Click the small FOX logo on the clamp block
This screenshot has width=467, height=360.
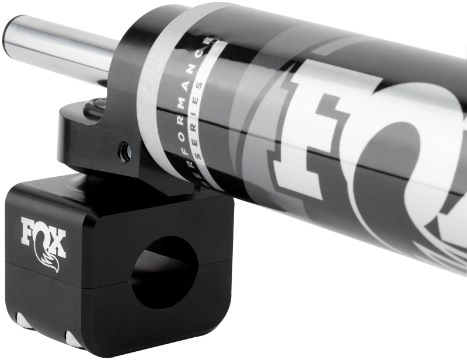pyautogui.click(x=43, y=239)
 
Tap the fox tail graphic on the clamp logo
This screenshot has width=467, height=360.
pyautogui.click(x=46, y=260)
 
